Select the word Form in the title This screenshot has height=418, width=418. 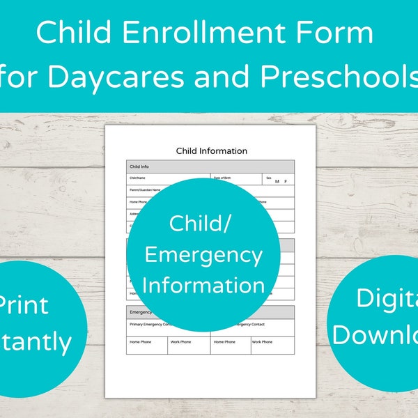pos(339,33)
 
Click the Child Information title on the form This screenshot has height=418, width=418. pos(211,150)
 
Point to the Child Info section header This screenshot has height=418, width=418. pos(139,167)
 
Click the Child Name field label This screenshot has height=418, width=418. pos(137,178)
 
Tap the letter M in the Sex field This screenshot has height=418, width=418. pos(277,182)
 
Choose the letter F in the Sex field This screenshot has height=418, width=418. pos(285,182)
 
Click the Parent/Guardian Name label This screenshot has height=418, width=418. pos(145,189)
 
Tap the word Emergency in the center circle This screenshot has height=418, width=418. pos(203,255)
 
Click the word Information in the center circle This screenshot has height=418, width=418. pos(203,285)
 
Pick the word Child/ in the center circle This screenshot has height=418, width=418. pos(203,224)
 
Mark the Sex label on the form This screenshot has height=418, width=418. pos(268,178)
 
